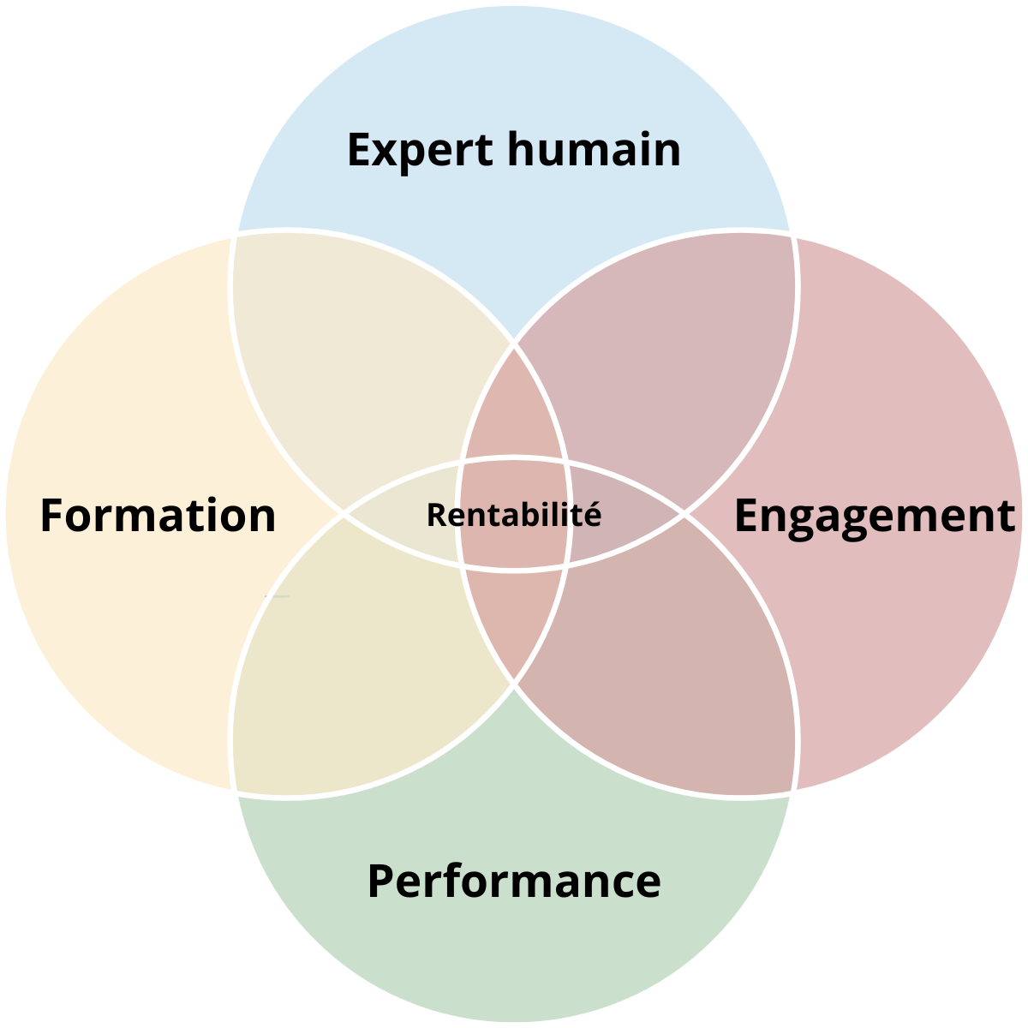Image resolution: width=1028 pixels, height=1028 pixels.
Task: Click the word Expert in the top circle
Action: pos(420,150)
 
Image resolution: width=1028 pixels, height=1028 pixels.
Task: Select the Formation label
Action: pos(158,516)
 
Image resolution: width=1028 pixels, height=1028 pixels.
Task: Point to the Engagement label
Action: pos(875,516)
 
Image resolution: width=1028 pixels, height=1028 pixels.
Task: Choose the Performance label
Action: pos(514,881)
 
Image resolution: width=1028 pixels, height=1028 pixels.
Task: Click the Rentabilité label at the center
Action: pos(514,515)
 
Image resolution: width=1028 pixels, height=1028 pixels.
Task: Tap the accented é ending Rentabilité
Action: pos(594,514)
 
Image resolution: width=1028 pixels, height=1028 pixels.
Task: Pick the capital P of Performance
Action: pos(380,881)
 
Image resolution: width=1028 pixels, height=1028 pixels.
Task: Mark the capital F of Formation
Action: pos(53,516)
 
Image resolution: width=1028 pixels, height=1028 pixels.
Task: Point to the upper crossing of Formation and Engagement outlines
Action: pos(514,344)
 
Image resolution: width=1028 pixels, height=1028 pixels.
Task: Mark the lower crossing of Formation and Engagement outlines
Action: pos(514,684)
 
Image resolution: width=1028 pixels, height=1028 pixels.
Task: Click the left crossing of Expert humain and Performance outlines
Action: pos(344,514)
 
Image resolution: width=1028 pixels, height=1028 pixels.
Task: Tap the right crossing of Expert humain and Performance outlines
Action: pos(684,514)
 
